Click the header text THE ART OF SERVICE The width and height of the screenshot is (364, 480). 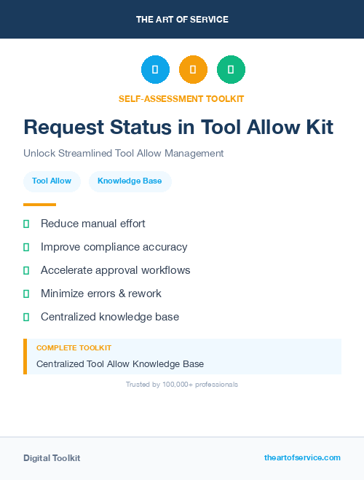182,20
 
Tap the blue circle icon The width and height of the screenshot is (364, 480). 155,70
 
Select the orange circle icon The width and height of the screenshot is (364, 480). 193,70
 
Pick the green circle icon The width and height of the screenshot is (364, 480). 231,70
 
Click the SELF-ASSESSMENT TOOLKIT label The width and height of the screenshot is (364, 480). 181,98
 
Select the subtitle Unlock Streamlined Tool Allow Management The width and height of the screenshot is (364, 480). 123,154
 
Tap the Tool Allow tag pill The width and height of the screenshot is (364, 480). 52,181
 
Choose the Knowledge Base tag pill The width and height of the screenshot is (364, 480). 130,181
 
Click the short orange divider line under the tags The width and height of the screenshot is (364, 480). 39,205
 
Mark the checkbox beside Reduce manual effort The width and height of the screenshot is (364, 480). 26,224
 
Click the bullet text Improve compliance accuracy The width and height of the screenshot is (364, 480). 114,247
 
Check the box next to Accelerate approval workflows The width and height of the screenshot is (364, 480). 26,270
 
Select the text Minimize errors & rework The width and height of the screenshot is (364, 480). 100,294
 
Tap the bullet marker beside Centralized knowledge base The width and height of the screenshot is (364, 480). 26,317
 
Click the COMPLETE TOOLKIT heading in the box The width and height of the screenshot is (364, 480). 74,348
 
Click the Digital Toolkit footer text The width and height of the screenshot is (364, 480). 52,458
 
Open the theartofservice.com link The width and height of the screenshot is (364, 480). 302,457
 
